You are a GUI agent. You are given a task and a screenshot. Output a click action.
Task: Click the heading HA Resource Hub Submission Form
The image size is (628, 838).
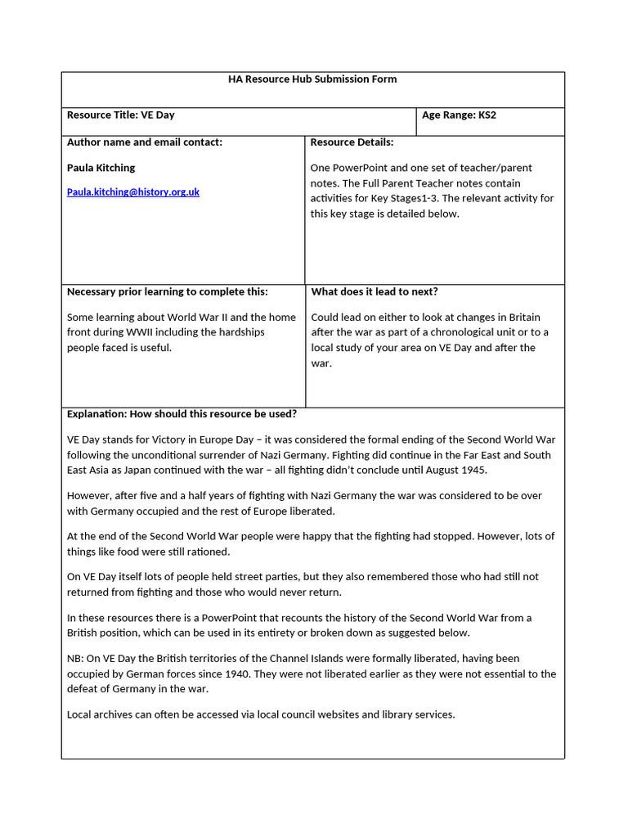312,79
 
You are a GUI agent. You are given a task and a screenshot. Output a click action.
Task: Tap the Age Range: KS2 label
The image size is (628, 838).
459,115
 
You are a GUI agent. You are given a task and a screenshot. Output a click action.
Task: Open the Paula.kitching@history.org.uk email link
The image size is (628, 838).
133,192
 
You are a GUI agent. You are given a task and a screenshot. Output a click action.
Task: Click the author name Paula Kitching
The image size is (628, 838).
101,168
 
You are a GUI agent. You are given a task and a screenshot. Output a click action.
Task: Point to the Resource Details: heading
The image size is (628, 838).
352,142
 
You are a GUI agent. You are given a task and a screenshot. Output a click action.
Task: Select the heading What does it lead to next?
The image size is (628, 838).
375,292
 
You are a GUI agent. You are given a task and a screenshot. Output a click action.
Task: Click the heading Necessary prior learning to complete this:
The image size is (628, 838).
167,292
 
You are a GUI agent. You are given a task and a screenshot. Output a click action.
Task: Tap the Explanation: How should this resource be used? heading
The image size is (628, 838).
182,414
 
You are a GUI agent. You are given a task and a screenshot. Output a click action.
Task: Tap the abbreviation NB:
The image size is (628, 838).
76,659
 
